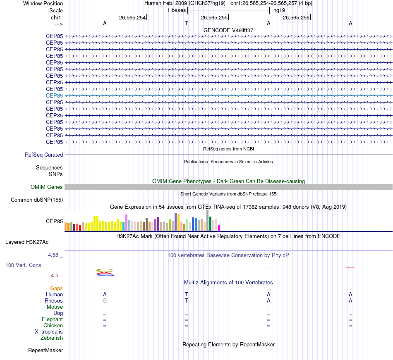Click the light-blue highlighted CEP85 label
click(x=54, y=95)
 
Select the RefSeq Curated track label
click(x=44, y=155)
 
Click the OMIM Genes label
click(x=47, y=187)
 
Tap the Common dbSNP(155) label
click(x=36, y=200)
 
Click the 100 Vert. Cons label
click(x=23, y=265)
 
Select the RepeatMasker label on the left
click(x=46, y=350)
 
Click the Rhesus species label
click(x=54, y=301)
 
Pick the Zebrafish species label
click(x=52, y=338)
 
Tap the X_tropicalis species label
click(x=49, y=332)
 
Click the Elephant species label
click(x=52, y=319)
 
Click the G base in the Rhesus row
click(x=105, y=301)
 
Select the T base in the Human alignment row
click(x=187, y=295)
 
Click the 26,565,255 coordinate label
click(x=214, y=17)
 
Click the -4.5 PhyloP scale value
click(x=54, y=276)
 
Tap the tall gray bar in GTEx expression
click(x=207, y=220)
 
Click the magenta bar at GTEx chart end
click(x=219, y=227)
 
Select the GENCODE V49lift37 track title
click(x=228, y=30)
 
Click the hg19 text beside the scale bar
click(x=279, y=10)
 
